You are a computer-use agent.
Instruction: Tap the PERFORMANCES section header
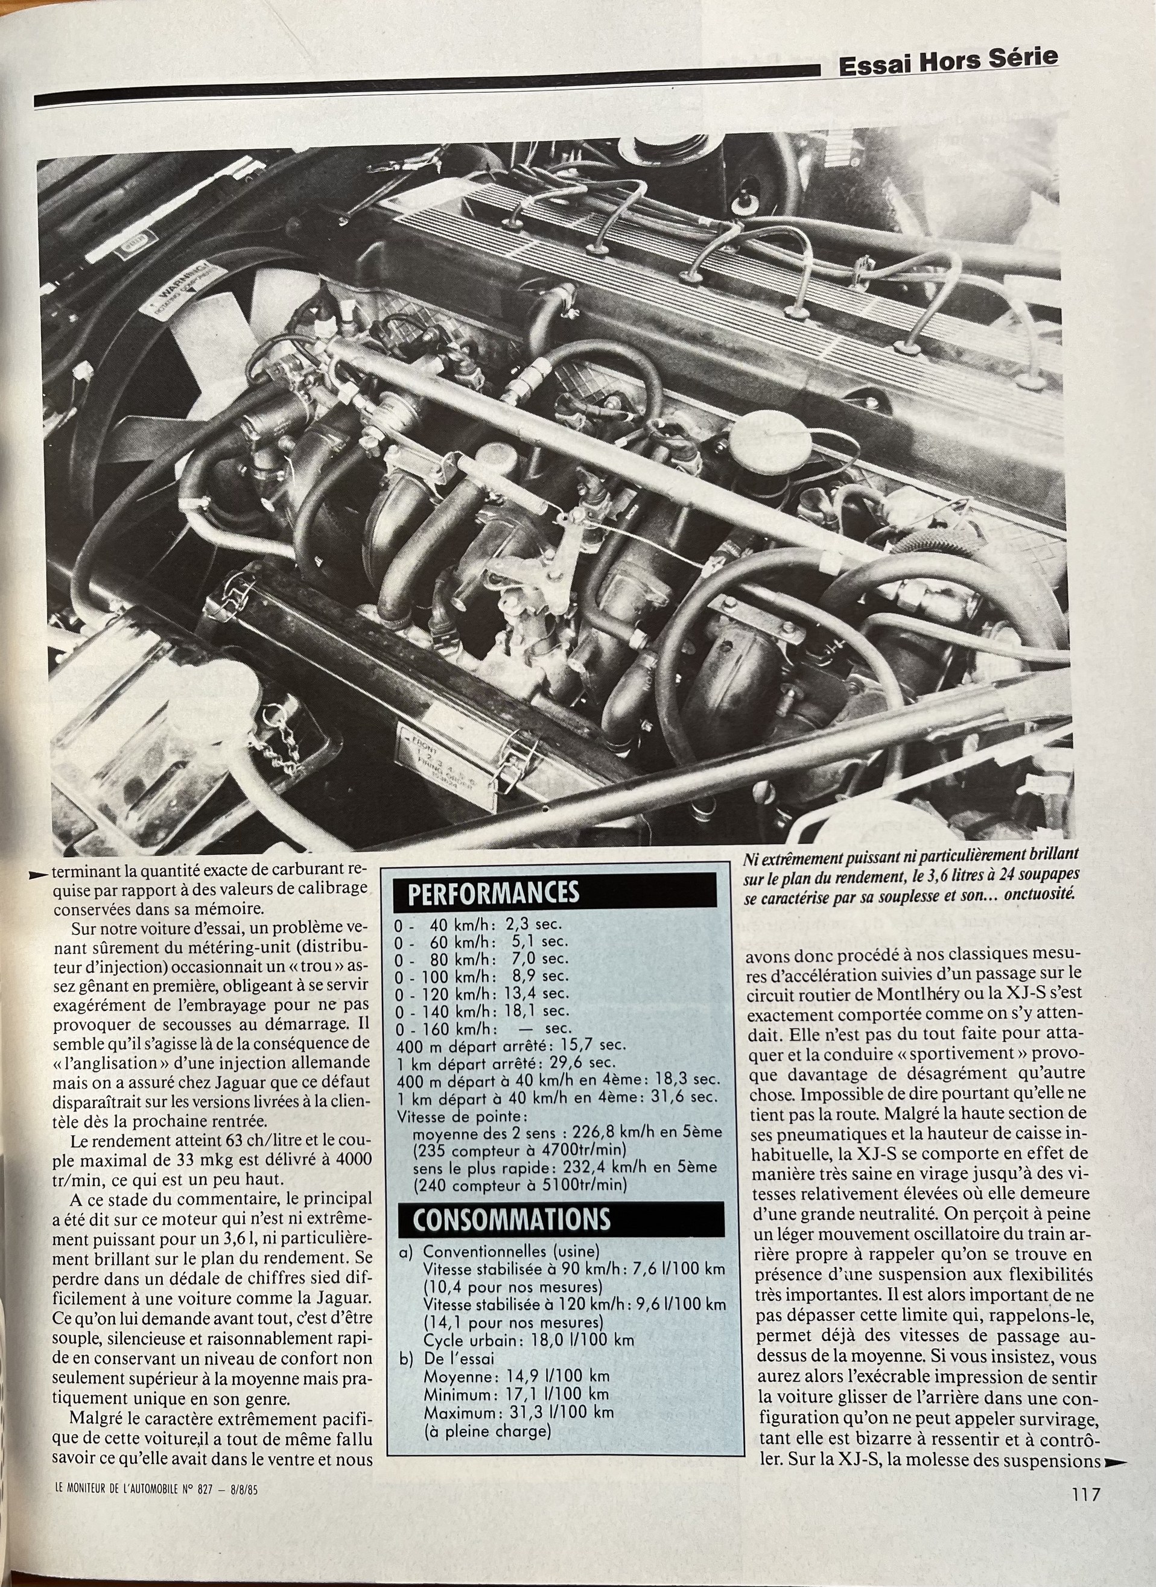pos(494,893)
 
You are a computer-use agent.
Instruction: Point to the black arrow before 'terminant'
pos(40,875)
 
